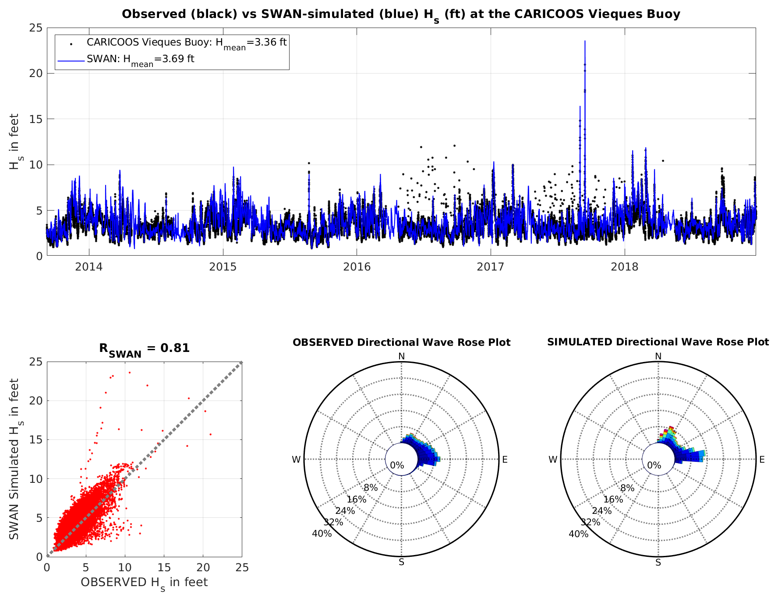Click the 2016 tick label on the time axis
coord(357,267)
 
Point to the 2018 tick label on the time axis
coord(624,267)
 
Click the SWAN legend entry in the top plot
coord(140,60)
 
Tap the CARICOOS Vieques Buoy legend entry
coord(186,43)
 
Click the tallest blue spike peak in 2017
coord(584,42)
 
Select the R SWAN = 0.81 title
coord(144,349)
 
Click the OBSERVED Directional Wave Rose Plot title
coord(401,342)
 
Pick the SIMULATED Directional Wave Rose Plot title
coord(658,342)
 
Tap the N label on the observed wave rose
coord(401,356)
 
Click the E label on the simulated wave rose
coord(762,460)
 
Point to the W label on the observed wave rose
coord(297,460)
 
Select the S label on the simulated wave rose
coord(658,562)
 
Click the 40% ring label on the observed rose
coord(322,534)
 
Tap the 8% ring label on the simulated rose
coord(627,488)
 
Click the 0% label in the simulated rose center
coord(654,465)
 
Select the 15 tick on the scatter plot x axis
coord(164,568)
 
